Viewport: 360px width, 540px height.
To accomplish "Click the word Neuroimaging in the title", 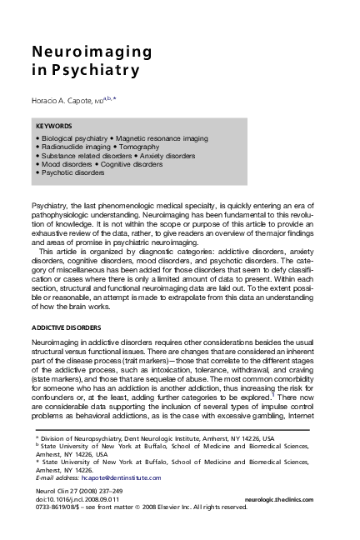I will point(92,52).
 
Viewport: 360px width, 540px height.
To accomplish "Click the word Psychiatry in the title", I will point(92,71).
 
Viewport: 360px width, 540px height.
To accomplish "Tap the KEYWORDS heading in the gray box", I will point(54,127).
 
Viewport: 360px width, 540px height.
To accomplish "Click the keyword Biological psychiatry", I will point(74,137).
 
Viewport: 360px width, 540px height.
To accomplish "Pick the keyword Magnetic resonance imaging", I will point(162,137).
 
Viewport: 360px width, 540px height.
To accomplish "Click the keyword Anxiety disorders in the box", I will point(172,155).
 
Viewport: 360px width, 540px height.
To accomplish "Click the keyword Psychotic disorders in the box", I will point(73,172).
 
